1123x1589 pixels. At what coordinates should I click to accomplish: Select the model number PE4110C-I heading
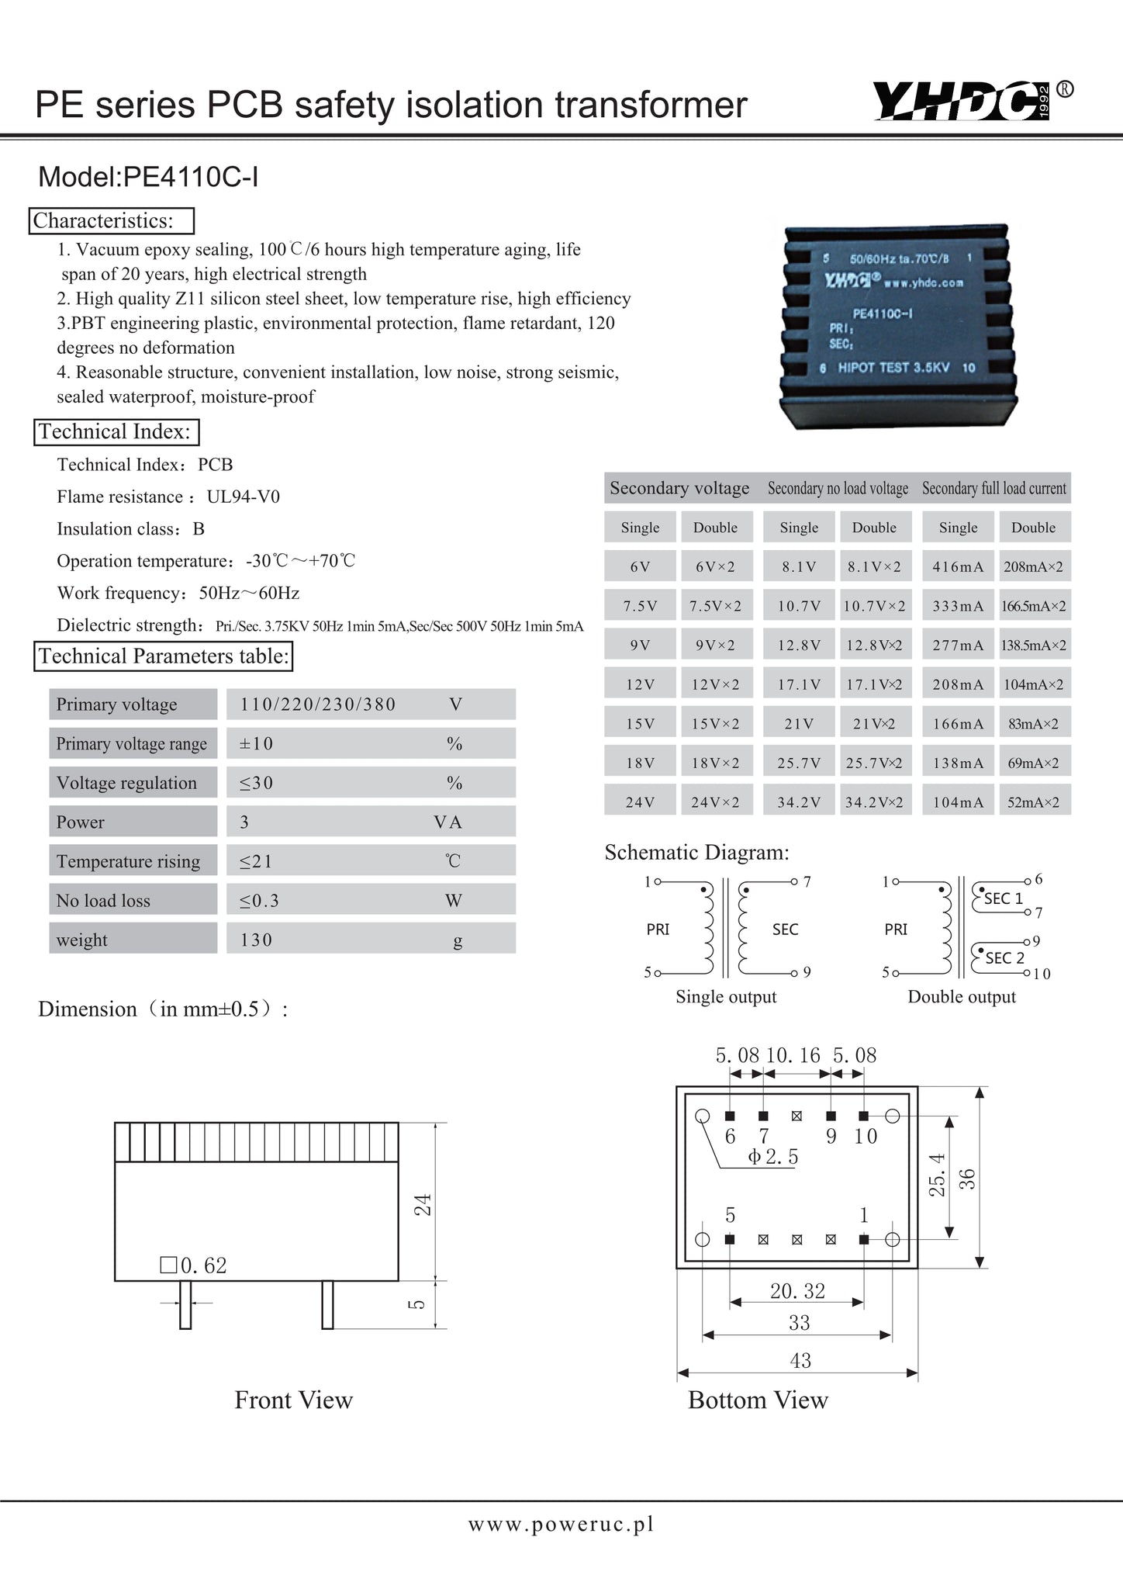(x=148, y=178)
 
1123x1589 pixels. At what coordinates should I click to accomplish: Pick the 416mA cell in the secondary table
(x=958, y=567)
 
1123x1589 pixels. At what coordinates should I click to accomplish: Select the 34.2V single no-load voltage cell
(x=799, y=802)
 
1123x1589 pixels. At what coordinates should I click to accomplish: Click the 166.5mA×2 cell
(x=1034, y=606)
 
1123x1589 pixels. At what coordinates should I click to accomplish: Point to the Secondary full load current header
(x=994, y=488)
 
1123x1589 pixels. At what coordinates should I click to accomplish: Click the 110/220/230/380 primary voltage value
(x=318, y=704)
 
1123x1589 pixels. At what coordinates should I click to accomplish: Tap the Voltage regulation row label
(x=126, y=783)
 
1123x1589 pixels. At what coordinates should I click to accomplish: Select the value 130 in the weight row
(x=256, y=940)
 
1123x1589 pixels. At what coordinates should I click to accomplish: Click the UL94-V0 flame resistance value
(x=244, y=497)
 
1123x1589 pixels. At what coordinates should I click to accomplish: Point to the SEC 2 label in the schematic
(x=1004, y=958)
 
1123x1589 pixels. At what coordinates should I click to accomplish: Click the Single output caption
(x=726, y=997)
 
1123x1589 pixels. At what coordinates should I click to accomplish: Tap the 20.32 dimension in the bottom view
(x=797, y=1291)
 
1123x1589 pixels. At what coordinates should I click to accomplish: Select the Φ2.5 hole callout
(x=772, y=1157)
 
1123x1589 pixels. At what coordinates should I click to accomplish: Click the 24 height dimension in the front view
(x=423, y=1204)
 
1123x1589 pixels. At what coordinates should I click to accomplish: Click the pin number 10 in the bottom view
(x=866, y=1137)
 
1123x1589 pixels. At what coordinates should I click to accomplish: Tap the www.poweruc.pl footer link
(x=561, y=1525)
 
